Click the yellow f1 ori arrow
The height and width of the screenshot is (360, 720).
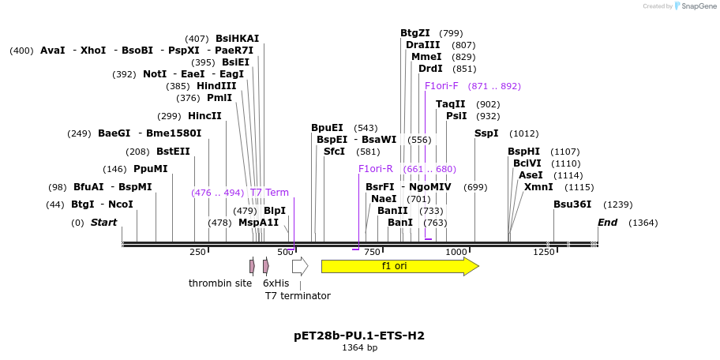[399, 266]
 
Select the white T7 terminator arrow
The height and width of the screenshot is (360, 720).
[299, 266]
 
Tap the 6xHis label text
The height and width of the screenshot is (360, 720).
[276, 283]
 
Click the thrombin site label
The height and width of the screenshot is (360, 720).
[220, 283]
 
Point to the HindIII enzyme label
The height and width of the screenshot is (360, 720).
[216, 86]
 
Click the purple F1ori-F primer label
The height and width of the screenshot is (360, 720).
[441, 86]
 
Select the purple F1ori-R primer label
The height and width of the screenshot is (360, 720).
[375, 169]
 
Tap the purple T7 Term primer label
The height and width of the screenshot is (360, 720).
[269, 193]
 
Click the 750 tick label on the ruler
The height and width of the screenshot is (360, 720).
[371, 252]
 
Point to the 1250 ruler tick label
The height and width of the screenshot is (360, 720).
[544, 252]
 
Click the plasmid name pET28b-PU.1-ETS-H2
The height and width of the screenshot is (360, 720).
[359, 336]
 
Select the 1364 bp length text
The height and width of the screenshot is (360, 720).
[359, 347]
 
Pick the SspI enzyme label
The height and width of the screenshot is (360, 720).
[486, 133]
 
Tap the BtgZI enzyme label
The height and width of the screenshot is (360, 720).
[415, 33]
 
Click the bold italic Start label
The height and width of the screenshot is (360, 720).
[103, 223]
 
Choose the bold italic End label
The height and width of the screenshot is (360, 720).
[607, 223]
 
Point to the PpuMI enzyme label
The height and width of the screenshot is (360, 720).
[151, 169]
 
